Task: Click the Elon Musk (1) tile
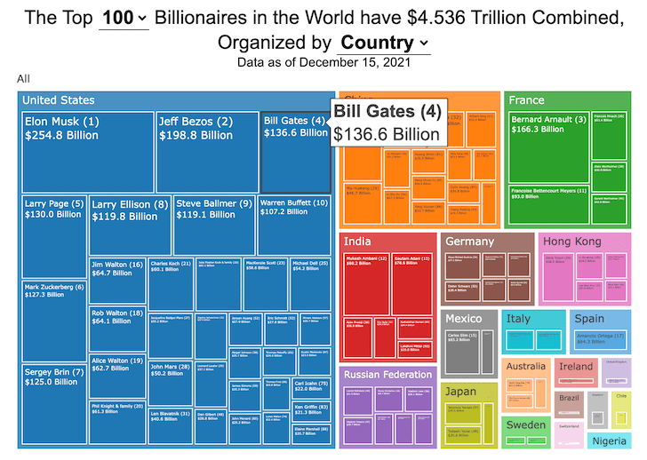(86, 151)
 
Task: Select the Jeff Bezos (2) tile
(206, 151)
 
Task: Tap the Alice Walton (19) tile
(116, 373)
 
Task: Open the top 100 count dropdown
(124, 18)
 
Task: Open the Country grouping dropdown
(384, 43)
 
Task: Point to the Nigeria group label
(610, 440)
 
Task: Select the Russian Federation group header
(387, 375)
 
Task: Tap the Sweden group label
(526, 424)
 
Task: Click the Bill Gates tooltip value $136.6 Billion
(387, 133)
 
